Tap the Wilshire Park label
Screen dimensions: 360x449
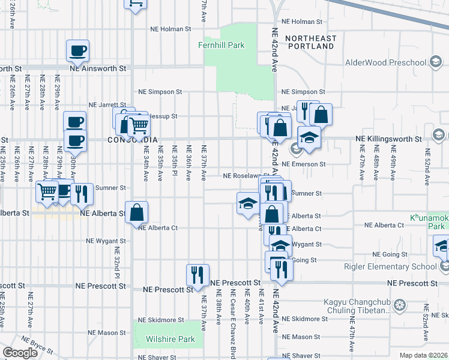pos(170,339)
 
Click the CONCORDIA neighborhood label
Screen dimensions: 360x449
pos(132,140)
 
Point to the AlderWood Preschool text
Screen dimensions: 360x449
pos(385,63)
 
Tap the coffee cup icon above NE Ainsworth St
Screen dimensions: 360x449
pos(77,51)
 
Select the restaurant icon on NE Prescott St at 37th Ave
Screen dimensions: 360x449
pos(197,275)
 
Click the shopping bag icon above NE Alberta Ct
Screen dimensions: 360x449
pos(137,212)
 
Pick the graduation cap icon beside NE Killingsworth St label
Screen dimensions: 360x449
pos(309,138)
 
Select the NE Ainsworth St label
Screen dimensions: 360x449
pos(98,68)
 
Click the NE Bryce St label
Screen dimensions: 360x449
pos(37,347)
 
